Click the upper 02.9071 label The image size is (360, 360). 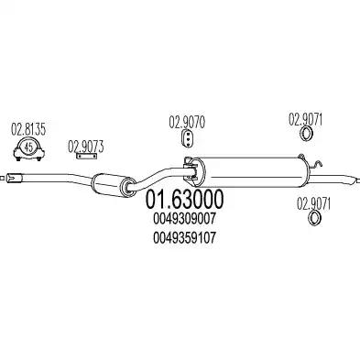pos(308,118)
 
